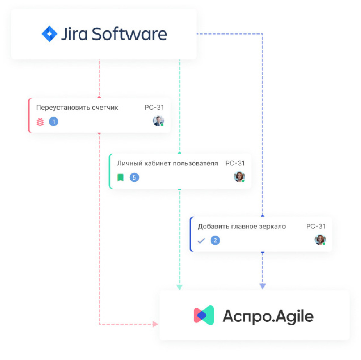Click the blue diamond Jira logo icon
pos(49,34)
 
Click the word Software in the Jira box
pos(129,34)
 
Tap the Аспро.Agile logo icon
pos(204,315)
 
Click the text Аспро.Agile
pos(268,316)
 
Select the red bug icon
pos(40,122)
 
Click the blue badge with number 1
pos(54,122)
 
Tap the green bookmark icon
pos(121,177)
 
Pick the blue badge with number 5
pos(134,177)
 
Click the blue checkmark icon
pos(201,241)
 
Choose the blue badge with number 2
pos(215,240)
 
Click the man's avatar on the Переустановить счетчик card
pos(158,121)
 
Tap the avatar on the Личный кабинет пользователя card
pos(239,177)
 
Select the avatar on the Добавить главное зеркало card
pos(320,240)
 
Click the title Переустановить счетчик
pos(77,108)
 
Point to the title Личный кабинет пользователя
pos(167,163)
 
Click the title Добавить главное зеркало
pos(242,227)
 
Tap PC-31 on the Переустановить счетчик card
pos(154,108)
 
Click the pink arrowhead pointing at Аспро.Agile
pos(155,324)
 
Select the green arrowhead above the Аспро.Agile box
pos(180,287)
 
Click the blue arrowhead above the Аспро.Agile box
pos(263,286)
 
